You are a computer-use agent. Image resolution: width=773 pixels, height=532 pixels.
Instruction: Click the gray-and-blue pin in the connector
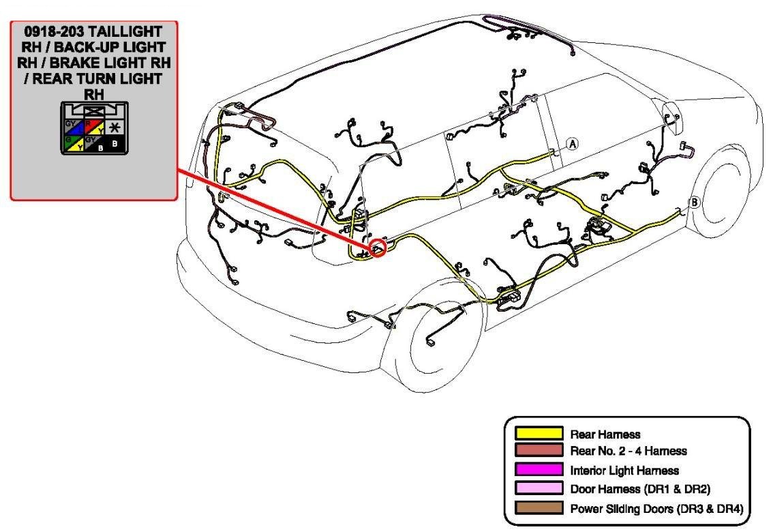[72, 127]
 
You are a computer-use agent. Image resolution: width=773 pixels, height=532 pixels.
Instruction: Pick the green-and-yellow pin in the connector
[72, 143]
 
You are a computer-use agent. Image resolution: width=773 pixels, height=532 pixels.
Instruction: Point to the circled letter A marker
[573, 143]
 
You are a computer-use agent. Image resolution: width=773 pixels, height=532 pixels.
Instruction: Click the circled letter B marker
[695, 202]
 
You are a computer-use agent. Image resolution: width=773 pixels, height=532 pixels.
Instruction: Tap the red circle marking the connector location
[377, 248]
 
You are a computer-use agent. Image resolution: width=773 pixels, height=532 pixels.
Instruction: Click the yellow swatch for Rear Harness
[539, 433]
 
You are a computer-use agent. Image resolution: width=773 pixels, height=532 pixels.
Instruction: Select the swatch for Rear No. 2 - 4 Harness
[539, 451]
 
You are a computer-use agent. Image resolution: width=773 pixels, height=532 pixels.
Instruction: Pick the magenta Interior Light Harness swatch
[539, 470]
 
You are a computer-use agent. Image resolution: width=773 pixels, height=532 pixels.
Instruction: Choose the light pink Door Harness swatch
[539, 489]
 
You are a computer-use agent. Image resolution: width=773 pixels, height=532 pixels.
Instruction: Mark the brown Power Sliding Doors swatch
[539, 508]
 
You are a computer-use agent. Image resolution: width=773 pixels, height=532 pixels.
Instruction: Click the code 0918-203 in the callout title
[52, 32]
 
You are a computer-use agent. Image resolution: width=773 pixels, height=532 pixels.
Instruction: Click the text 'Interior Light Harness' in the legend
[624, 470]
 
